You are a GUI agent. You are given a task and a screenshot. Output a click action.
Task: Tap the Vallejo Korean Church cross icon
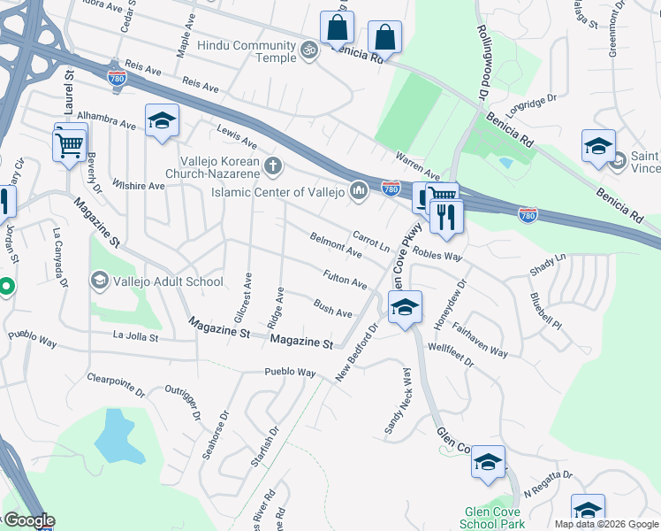[x=274, y=165]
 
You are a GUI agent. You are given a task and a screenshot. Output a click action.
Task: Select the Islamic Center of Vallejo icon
[x=358, y=189]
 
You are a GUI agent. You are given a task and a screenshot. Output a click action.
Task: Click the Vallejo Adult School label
[x=169, y=282]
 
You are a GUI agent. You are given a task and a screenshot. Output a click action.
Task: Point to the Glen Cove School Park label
[x=495, y=519]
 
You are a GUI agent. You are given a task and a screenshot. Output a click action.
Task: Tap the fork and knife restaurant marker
[x=446, y=215]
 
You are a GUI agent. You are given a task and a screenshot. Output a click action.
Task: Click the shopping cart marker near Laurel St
[x=70, y=142]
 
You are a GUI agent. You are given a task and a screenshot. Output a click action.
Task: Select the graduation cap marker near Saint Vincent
[x=598, y=146]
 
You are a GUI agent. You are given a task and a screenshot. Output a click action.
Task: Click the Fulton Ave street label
[x=345, y=280]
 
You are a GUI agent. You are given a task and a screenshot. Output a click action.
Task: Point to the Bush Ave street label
[x=333, y=308]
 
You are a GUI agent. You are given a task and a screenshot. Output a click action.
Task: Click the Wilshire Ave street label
[x=138, y=186]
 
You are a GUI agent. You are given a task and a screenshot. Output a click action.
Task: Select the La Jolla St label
[x=135, y=337]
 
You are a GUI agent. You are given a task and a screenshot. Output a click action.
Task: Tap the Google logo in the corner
[x=28, y=521]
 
